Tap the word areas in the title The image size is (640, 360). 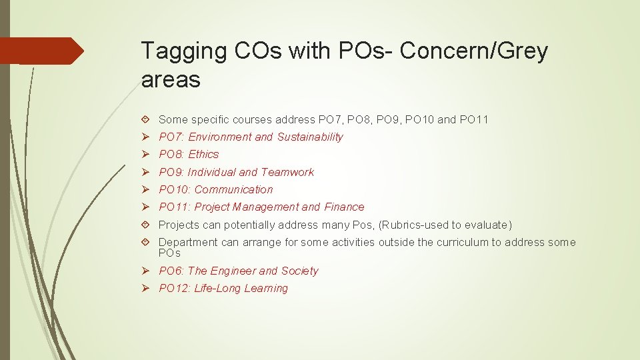171,79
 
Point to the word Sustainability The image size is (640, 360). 310,137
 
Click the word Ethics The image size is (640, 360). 203,154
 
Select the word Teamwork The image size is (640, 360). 287,172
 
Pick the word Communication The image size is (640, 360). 233,189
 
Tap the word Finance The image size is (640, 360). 344,207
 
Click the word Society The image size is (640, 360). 299,271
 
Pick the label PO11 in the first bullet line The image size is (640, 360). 474,119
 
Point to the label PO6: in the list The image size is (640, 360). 172,271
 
